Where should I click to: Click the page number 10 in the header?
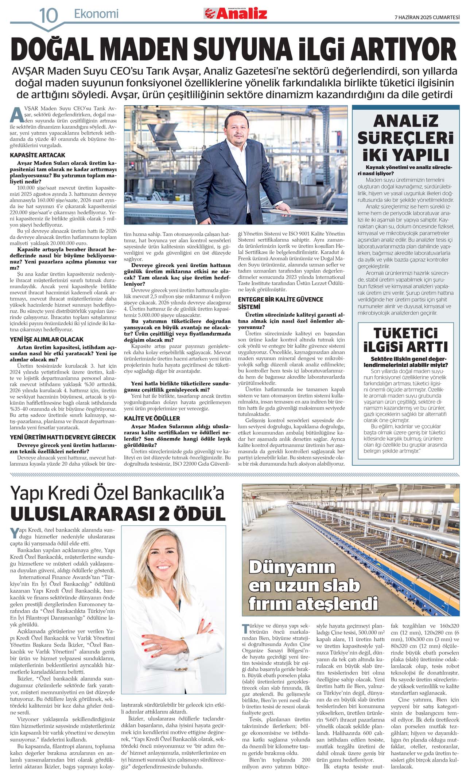[48, 16]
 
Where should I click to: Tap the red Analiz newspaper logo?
[236, 13]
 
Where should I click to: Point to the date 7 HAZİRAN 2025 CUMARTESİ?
[427, 17]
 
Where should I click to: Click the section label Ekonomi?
[96, 14]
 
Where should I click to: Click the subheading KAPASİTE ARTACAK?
[38, 155]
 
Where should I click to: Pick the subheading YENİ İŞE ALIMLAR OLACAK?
[47, 339]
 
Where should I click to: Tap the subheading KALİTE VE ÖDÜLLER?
[152, 418]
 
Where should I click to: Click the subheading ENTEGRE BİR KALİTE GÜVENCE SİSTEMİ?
[280, 303]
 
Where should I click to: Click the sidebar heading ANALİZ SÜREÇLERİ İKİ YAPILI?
[405, 138]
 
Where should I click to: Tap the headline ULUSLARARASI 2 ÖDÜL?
[118, 514]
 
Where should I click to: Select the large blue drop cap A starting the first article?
[16, 114]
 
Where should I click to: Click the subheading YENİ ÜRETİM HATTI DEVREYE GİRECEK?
[63, 437]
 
